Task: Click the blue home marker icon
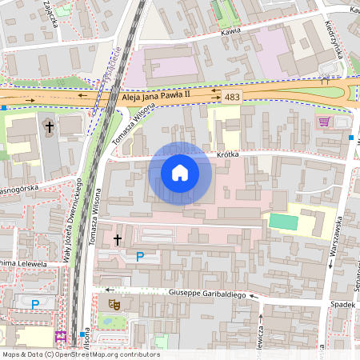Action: (180, 173)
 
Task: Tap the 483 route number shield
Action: (232, 97)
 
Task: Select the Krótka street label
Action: (228, 155)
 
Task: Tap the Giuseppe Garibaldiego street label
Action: (213, 294)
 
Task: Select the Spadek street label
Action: (342, 304)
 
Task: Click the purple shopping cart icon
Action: (324, 122)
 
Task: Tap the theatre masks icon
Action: (115, 304)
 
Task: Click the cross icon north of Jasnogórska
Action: (49, 126)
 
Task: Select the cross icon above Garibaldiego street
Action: (118, 239)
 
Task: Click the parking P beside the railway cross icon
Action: (140, 257)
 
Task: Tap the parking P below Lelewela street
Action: (34, 304)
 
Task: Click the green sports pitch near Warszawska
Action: (282, 222)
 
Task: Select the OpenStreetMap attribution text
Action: (80, 354)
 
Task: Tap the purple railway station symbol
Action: (60, 336)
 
